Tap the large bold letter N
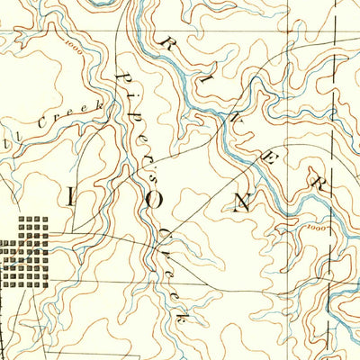click(x=240, y=201)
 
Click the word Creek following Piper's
click(x=171, y=270)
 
